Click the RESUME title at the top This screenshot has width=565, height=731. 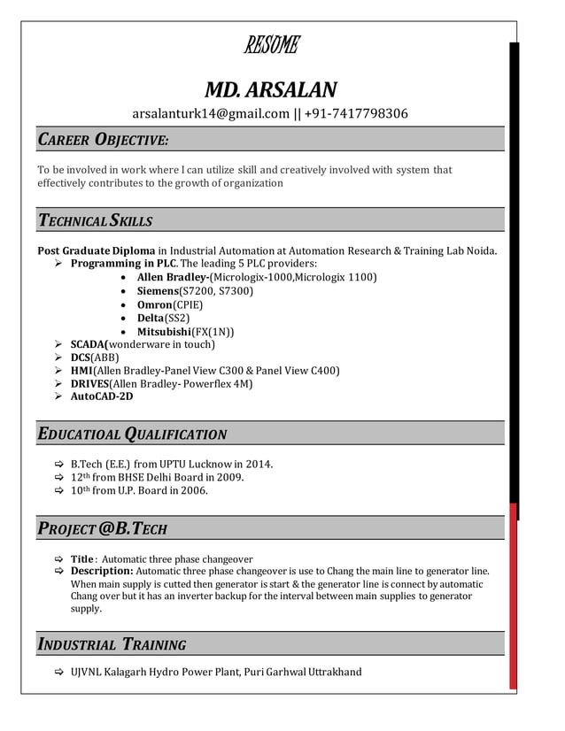[270, 44]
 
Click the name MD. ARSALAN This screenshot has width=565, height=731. [270, 89]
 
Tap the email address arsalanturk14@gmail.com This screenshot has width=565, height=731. [211, 113]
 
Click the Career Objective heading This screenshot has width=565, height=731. [103, 140]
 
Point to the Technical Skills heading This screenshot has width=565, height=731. [95, 220]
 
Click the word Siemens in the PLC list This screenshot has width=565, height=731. [158, 290]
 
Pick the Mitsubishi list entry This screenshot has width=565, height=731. [185, 331]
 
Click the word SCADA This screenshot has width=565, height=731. [89, 344]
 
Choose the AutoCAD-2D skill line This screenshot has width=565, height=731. [102, 396]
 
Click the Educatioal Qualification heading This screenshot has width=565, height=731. [132, 434]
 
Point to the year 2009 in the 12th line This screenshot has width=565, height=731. [228, 477]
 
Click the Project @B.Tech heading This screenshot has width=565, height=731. [102, 529]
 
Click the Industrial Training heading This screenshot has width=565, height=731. [112, 644]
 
